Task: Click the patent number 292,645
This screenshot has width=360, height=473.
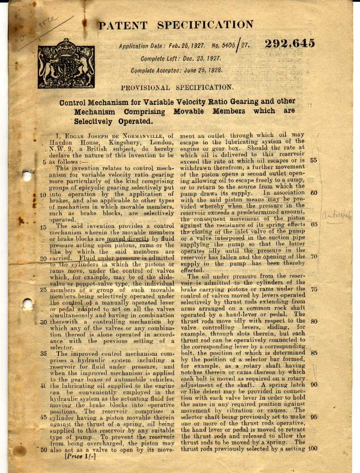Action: (290, 44)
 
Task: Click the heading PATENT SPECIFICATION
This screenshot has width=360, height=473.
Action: (176, 25)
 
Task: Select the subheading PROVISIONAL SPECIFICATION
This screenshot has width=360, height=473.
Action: (177, 87)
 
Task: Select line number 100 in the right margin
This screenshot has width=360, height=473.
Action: (313, 449)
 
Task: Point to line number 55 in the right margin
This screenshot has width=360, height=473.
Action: (314, 161)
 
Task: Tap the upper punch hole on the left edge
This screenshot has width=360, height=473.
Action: (27, 176)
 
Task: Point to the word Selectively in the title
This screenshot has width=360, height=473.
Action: (94, 121)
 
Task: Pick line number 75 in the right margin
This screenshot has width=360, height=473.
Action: (314, 289)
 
